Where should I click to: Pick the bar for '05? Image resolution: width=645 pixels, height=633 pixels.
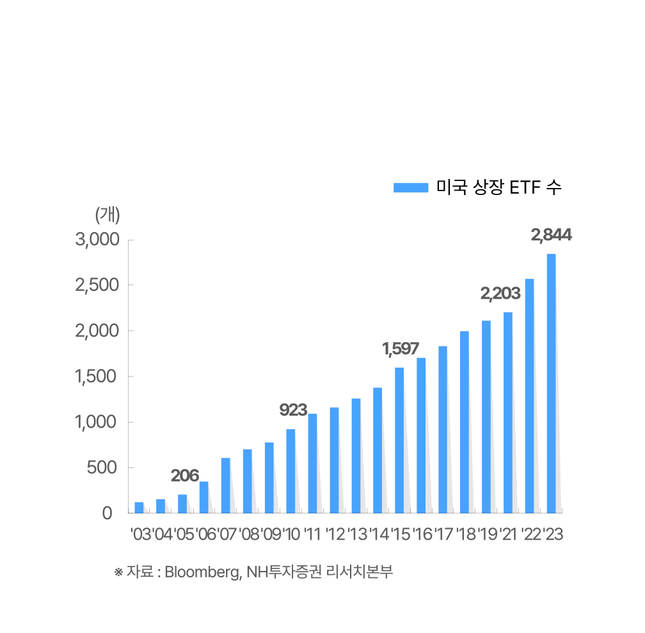click(x=182, y=503)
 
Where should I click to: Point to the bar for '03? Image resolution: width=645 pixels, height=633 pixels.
click(x=139, y=507)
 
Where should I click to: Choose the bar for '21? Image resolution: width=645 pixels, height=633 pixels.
click(x=508, y=412)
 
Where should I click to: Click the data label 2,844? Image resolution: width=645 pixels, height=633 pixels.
click(x=551, y=235)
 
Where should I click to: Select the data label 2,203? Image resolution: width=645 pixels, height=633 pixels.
click(x=500, y=295)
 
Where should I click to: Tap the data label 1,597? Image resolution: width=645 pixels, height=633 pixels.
click(x=401, y=349)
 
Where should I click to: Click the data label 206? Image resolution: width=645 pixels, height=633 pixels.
click(x=184, y=476)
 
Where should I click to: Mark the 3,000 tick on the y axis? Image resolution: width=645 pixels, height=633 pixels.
click(x=97, y=240)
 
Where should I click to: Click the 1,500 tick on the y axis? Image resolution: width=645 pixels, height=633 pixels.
click(x=97, y=376)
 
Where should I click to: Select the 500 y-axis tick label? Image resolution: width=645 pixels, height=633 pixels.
click(x=102, y=467)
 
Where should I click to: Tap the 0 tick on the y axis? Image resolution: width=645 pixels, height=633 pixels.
click(x=107, y=513)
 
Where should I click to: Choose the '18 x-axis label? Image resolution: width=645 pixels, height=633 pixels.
click(x=465, y=534)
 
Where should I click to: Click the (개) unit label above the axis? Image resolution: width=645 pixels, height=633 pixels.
click(x=107, y=215)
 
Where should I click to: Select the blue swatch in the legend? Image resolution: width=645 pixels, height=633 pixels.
click(x=411, y=187)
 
